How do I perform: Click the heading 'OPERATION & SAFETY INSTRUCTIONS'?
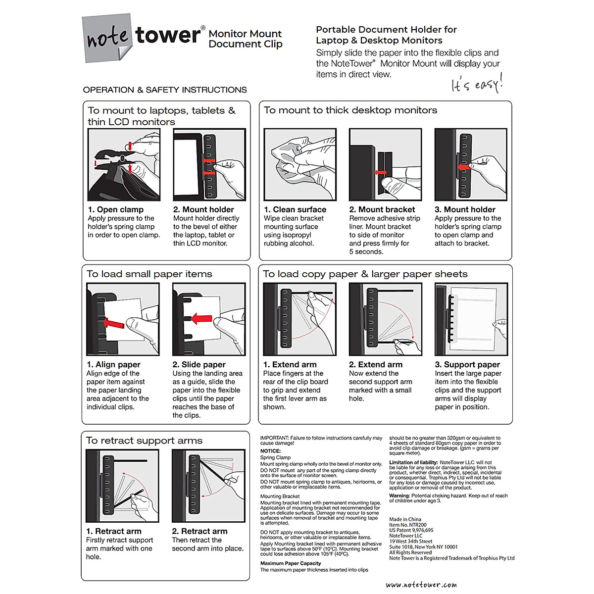point(165,90)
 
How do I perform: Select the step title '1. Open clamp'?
point(115,209)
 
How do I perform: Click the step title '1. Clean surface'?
point(295,209)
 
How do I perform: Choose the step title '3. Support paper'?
point(467,364)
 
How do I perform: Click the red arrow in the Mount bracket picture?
point(380,173)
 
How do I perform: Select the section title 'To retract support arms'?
point(144,441)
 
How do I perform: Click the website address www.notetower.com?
point(421,585)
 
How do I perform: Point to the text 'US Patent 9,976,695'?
point(411,530)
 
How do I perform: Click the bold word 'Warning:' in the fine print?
point(399,495)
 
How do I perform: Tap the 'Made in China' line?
point(405,519)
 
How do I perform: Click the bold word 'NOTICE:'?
point(270,451)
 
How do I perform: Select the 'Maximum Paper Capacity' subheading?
point(291,563)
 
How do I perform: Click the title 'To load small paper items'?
point(149,274)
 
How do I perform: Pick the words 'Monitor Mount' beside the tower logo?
point(245,34)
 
